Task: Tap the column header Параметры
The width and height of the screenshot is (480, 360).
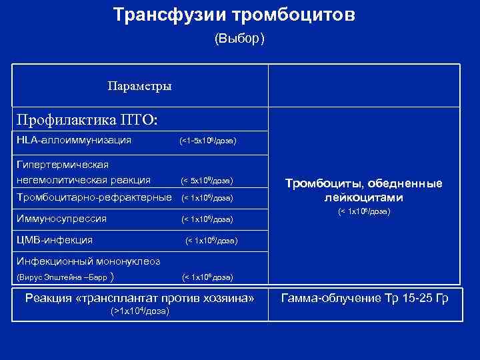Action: coord(139,86)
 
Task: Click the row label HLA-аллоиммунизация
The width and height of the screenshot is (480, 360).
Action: coord(73,140)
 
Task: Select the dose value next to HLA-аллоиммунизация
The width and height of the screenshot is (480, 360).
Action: coord(208,141)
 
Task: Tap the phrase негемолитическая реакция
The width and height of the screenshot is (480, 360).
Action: coord(83,179)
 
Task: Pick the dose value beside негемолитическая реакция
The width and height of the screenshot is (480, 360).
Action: coord(207,181)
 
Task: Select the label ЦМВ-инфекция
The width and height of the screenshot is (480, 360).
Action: coord(55,239)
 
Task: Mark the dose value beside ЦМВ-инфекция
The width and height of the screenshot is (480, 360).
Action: coord(211,240)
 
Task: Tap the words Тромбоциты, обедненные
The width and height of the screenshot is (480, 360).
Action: coord(364,183)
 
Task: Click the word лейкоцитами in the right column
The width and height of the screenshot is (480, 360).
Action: coord(364,198)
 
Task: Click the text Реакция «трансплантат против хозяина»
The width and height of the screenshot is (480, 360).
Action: coord(140,297)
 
